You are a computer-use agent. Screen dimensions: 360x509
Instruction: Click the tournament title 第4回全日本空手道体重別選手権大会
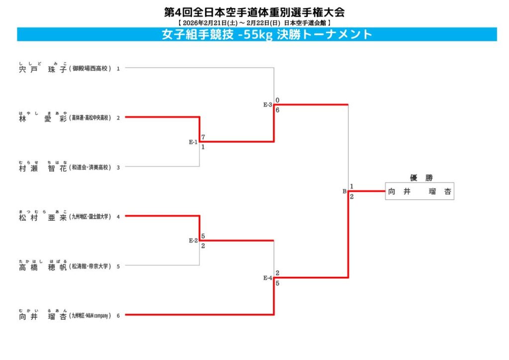point(254,12)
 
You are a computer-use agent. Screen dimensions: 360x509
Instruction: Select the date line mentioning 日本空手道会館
point(254,23)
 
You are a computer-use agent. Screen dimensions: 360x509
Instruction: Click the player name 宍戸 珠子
point(43,69)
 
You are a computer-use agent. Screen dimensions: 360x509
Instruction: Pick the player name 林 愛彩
point(43,118)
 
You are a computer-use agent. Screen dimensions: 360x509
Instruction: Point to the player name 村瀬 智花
point(43,168)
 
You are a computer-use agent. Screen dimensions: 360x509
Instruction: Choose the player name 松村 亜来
point(43,217)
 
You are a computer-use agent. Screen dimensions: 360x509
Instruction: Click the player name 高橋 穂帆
point(43,266)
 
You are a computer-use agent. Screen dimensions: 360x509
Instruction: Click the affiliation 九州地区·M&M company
point(90,315)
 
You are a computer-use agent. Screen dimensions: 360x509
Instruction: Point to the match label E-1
point(193,142)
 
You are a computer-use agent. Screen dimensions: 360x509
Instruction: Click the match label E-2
point(193,241)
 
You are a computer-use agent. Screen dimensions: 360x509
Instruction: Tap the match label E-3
point(267,105)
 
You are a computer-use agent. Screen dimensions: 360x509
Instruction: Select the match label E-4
point(267,278)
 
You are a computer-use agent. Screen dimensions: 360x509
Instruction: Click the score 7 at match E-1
point(203,137)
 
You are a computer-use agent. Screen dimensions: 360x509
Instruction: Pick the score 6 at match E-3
point(277,110)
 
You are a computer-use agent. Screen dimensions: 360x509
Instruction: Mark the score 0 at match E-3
point(277,100)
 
